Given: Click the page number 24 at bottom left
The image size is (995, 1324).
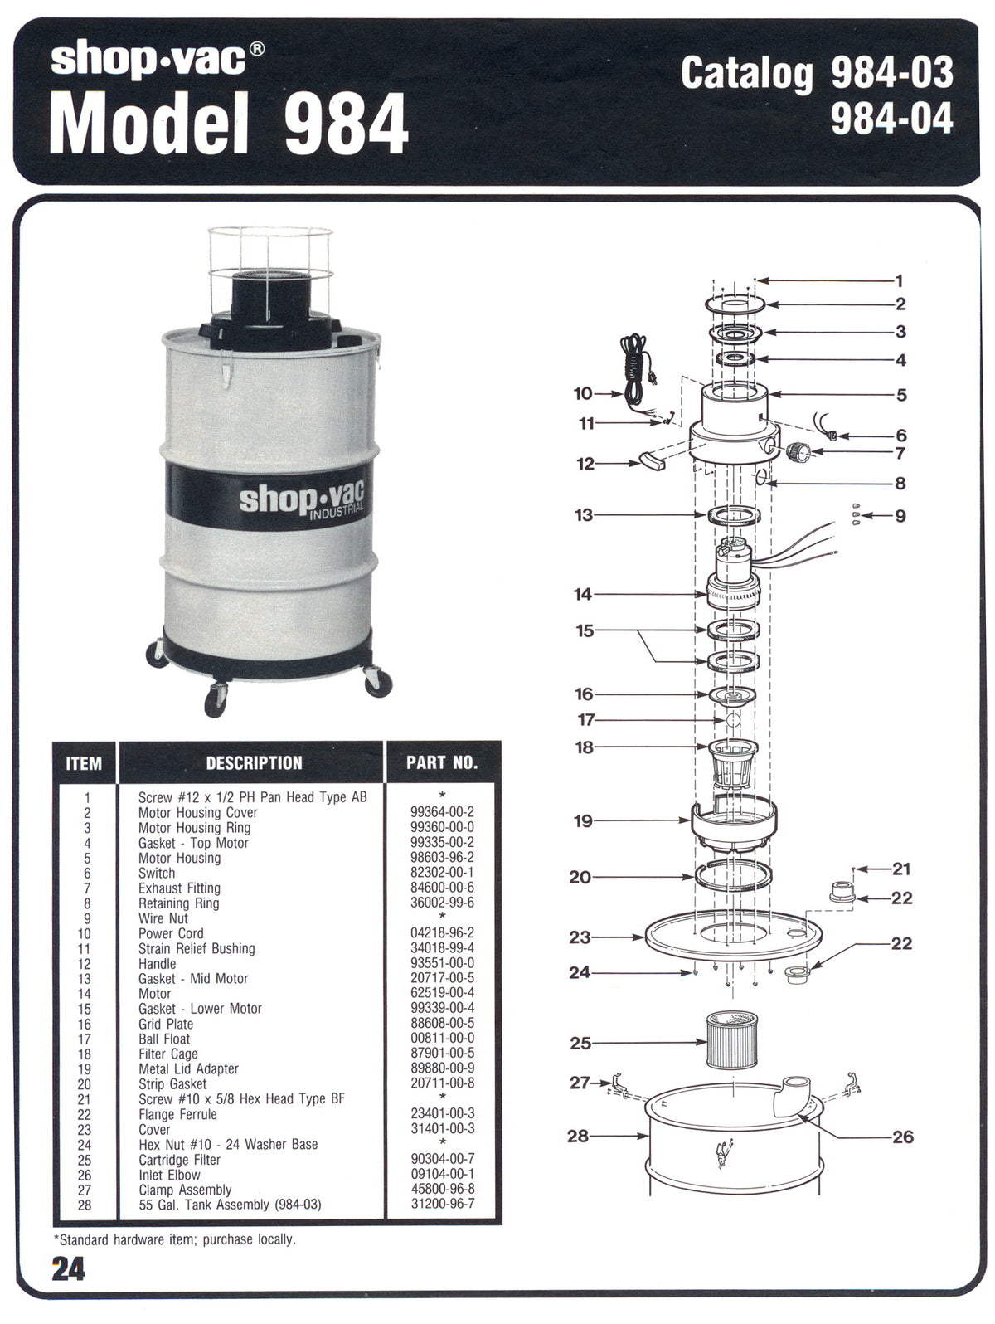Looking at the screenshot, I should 68,1270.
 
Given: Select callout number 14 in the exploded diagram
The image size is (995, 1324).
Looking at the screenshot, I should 583,594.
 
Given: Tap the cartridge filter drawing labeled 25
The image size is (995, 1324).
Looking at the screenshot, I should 731,1039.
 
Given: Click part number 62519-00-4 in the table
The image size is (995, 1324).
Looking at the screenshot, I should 442,993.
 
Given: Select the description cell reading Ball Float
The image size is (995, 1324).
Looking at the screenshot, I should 164,1039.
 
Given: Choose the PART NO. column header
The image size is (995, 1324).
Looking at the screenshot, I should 442,763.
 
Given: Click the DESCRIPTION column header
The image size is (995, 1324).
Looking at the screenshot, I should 254,763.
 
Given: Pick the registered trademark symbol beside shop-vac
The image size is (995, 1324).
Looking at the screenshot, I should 257,50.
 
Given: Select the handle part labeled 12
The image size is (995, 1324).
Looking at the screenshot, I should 653,460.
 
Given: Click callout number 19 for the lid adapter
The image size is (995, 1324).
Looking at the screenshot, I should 583,820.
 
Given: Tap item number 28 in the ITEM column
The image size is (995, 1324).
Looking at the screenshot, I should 85,1205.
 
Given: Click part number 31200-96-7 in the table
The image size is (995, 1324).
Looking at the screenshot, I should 442,1203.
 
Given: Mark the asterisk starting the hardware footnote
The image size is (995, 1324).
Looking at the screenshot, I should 56,1239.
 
